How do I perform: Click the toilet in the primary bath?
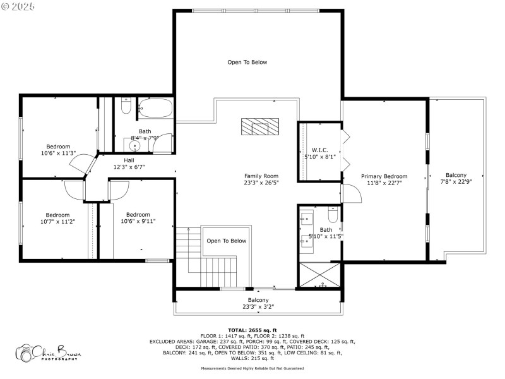[333, 215]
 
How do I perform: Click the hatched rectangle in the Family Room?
[258, 127]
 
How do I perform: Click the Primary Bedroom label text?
[384, 176]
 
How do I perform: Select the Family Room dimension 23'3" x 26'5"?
[261, 183]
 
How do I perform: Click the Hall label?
[129, 160]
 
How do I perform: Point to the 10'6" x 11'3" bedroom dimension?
[58, 153]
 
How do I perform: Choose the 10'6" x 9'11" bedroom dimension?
[138, 221]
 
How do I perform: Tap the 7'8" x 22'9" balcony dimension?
[456, 182]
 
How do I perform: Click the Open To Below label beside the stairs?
[226, 241]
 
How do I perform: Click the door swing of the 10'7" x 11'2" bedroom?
[74, 189]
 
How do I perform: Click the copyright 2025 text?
[18, 6]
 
